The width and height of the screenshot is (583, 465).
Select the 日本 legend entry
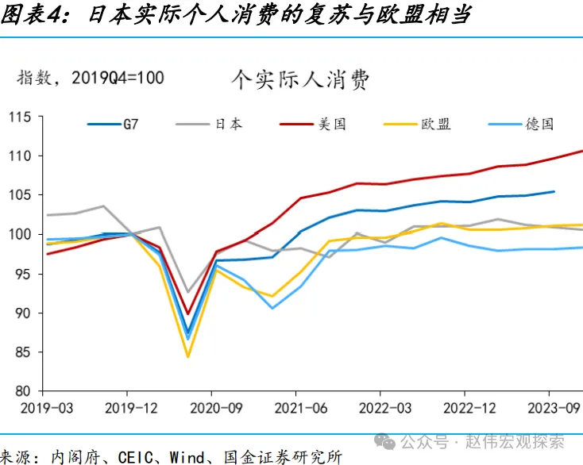point(228,124)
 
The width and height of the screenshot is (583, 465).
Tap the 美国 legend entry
point(332,124)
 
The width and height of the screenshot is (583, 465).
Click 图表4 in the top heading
point(32,15)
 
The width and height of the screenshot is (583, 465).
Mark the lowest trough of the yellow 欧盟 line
point(188,356)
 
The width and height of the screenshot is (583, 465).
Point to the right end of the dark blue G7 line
point(554,191)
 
